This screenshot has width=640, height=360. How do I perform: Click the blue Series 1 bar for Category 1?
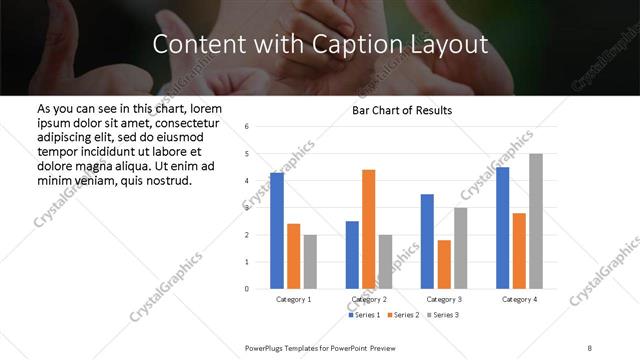pyautogui.click(x=277, y=231)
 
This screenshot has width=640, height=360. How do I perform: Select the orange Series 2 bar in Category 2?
pyautogui.click(x=369, y=229)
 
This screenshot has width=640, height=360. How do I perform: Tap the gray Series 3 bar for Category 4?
pyautogui.click(x=536, y=221)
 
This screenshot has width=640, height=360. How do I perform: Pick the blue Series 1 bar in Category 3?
pyautogui.click(x=428, y=241)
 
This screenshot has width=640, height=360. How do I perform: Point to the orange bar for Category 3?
pyautogui.click(x=444, y=264)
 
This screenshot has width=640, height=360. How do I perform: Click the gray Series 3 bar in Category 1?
pyautogui.click(x=310, y=262)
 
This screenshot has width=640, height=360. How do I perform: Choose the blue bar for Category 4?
pyautogui.click(x=503, y=228)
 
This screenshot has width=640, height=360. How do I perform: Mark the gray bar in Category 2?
pyautogui.click(x=386, y=262)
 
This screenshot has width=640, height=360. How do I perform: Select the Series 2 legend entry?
pyautogui.click(x=405, y=315)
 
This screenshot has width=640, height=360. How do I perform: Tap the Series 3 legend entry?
pyautogui.click(x=443, y=315)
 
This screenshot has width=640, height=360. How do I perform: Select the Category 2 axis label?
pyautogui.click(x=369, y=299)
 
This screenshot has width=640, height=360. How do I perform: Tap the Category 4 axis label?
pyautogui.click(x=519, y=299)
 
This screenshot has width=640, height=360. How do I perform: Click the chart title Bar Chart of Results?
pyautogui.click(x=402, y=110)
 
